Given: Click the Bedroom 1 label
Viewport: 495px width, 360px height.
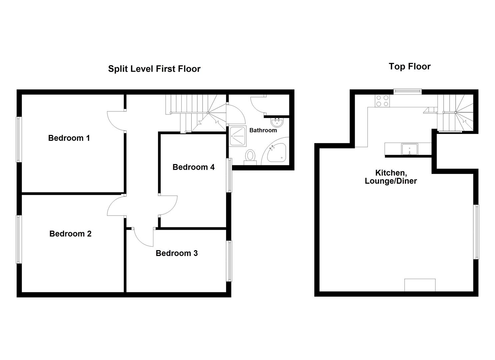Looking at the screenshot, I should [69, 138].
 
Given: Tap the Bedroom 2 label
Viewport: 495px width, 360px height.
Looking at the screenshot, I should [70, 234].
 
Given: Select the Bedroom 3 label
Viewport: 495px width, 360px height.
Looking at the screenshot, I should [177, 253].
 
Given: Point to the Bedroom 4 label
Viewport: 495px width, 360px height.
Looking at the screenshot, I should [193, 167].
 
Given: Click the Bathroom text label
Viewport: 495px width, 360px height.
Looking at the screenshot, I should [263, 130].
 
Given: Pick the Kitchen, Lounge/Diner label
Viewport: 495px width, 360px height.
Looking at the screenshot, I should [391, 177].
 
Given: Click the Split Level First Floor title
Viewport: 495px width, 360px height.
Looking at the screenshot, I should [154, 69].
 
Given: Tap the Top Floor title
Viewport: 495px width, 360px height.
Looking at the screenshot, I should [409, 66].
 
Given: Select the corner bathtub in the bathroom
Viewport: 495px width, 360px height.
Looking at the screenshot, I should [277, 154].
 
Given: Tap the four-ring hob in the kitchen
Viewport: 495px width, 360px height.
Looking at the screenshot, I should [382, 101].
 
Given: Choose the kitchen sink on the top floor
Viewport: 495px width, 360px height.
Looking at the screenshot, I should [409, 149].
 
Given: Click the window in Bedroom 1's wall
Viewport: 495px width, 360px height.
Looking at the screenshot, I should [19, 139].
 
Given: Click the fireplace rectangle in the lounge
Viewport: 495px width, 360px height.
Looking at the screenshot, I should [420, 285].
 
